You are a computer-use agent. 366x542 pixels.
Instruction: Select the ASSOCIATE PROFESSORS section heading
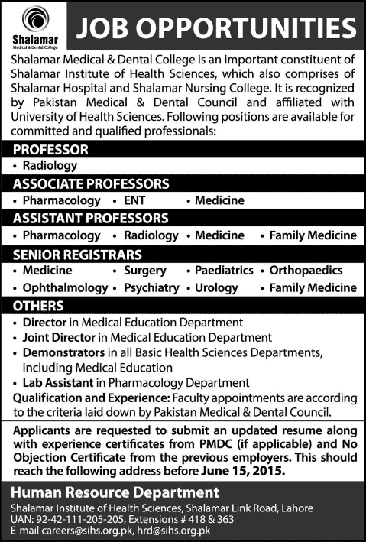pos(91,183)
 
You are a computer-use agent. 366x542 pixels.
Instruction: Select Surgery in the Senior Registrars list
pos(144,271)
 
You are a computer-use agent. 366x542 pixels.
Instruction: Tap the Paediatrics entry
pos(223,271)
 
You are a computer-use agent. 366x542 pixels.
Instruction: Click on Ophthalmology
pos(65,288)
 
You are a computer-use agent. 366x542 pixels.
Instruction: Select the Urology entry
pos(218,288)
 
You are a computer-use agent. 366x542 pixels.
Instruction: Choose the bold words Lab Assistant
pos(59,381)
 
